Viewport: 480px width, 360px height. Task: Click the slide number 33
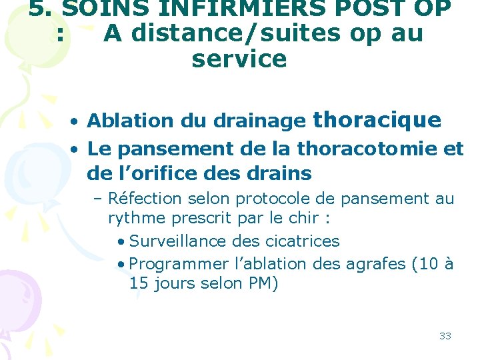445,336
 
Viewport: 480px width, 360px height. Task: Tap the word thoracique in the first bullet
377,119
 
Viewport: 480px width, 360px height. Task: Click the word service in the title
239,59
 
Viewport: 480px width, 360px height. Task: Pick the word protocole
269,199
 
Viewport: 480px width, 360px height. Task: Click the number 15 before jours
139,283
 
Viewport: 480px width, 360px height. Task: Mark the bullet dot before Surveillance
119,241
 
